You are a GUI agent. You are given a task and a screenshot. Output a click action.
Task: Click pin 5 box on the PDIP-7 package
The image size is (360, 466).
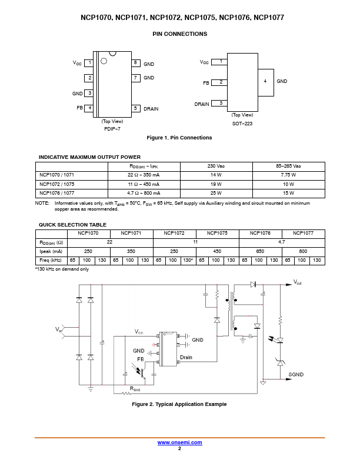[x=135, y=108]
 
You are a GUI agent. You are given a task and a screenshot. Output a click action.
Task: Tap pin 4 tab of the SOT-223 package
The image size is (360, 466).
[x=265, y=82]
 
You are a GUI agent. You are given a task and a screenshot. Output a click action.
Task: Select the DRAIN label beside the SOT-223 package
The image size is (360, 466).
[x=202, y=104]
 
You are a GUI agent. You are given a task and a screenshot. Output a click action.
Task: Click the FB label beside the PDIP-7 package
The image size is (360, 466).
[x=79, y=108]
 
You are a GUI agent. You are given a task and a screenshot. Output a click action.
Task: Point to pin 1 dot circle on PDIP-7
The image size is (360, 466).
[x=104, y=61]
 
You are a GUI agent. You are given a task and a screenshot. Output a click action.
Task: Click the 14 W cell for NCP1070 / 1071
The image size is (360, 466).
[x=216, y=175]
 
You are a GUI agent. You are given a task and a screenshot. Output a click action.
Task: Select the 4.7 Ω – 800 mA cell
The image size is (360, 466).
[x=144, y=193]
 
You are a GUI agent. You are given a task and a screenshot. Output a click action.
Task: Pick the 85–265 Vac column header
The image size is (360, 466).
[x=288, y=166]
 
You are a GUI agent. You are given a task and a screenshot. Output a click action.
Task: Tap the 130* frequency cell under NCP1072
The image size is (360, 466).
[x=188, y=260]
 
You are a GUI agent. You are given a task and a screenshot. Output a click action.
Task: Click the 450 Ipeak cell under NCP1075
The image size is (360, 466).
[x=217, y=251]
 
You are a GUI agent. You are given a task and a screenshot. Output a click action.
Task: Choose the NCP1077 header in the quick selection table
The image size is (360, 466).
[x=304, y=234]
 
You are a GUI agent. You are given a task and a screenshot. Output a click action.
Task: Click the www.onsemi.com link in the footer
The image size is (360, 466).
[x=179, y=442]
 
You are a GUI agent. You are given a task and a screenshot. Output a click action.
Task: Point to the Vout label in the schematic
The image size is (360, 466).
[x=297, y=282]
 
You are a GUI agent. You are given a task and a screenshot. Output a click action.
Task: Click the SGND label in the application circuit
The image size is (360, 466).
[x=296, y=374]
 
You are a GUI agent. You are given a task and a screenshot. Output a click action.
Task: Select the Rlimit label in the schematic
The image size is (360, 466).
[x=135, y=389]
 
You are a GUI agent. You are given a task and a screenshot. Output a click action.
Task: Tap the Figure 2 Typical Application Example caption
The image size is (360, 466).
[x=179, y=404]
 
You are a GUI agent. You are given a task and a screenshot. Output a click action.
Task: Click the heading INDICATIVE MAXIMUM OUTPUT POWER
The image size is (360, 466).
[x=89, y=157]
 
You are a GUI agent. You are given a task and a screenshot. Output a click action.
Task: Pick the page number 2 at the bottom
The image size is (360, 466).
[x=179, y=448]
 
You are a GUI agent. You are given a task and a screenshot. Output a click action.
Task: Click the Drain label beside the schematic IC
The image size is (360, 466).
[x=186, y=357]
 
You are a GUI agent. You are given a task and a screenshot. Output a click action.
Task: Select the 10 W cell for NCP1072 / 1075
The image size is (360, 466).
[x=288, y=184]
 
